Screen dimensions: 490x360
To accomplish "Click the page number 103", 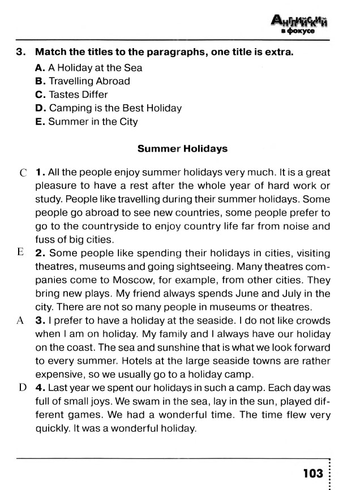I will [312, 472].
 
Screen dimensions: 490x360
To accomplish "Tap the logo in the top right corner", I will [300, 25].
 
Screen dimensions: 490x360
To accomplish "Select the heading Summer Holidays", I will [182, 149].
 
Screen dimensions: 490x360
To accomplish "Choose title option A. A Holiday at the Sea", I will [88, 67].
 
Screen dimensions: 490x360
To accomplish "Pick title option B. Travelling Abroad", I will [83, 81].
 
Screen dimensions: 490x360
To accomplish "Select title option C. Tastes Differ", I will [71, 94].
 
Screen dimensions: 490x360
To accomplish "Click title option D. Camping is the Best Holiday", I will [108, 108].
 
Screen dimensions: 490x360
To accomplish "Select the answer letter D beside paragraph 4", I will [22, 388].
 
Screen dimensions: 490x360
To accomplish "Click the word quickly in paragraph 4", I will [53, 428].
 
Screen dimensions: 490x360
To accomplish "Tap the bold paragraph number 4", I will [40, 388].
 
